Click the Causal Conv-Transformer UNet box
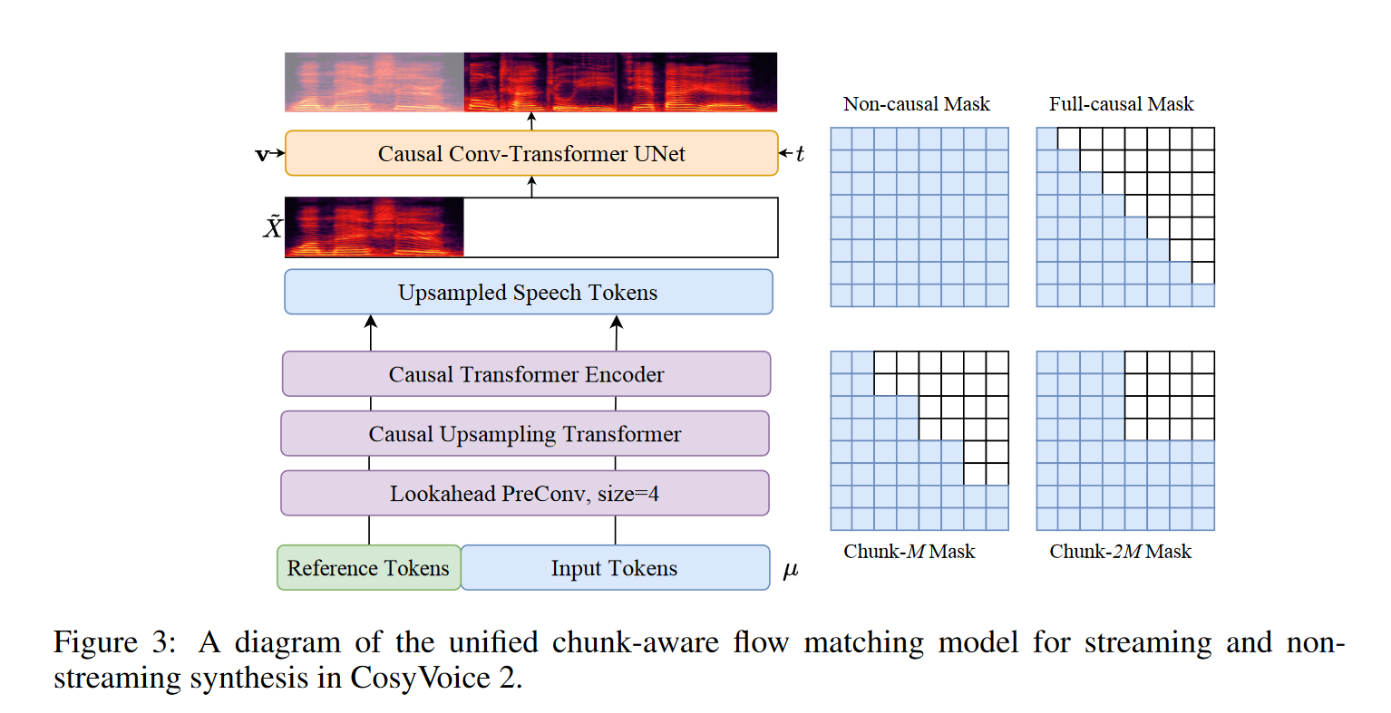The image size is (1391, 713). click(x=531, y=153)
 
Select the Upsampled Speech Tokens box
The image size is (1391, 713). click(x=528, y=292)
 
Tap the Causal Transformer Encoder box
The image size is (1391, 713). click(x=526, y=374)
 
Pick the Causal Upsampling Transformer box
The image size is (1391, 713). click(x=524, y=434)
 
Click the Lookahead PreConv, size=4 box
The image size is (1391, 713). click(x=524, y=494)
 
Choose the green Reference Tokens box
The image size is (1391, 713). click(x=368, y=568)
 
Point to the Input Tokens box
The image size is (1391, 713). click(x=614, y=568)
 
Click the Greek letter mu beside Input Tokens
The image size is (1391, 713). click(x=790, y=570)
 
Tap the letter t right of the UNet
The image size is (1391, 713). click(x=800, y=154)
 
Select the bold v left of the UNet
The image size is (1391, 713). click(x=262, y=155)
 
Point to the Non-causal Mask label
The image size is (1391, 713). click(x=916, y=104)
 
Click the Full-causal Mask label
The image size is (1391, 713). click(x=1121, y=104)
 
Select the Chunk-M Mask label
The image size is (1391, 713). click(x=909, y=552)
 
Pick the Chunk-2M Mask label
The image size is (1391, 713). click(x=1120, y=552)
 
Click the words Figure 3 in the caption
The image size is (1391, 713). click(x=113, y=642)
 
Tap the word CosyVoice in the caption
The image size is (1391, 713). click(x=420, y=678)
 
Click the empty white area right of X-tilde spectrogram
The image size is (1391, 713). click(x=620, y=227)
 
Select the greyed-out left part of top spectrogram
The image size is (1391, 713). click(x=374, y=82)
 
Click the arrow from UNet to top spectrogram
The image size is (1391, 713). click(x=531, y=121)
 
